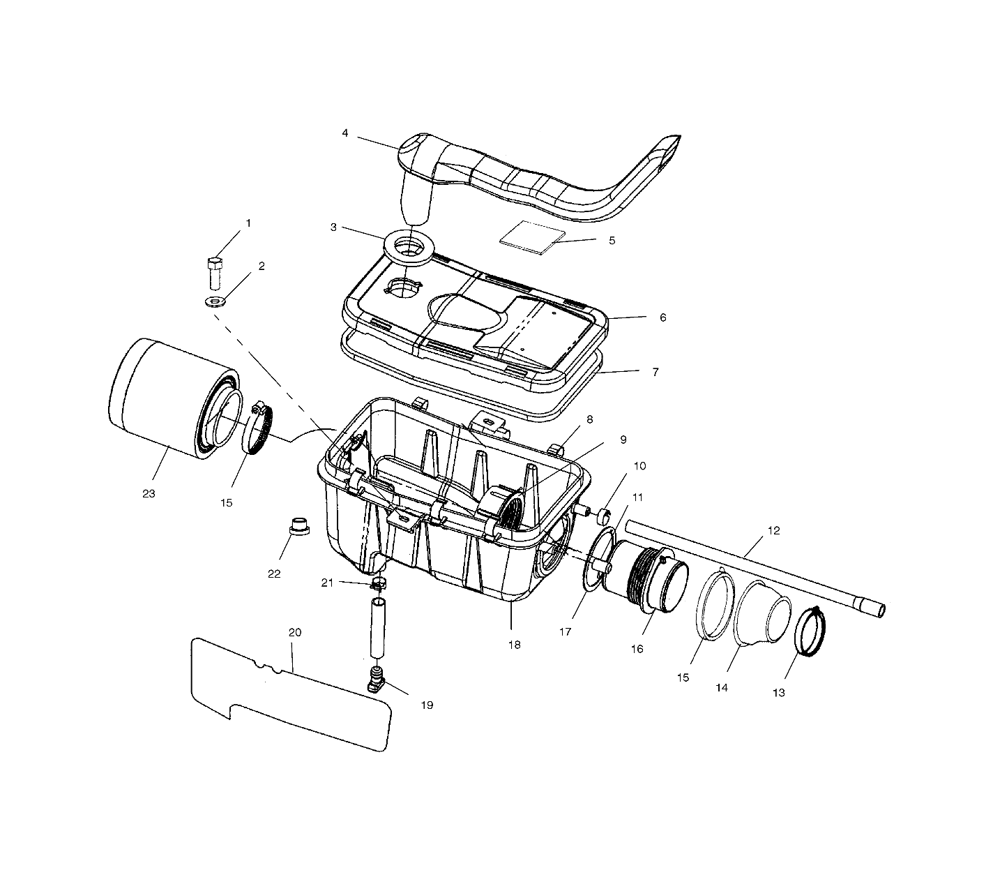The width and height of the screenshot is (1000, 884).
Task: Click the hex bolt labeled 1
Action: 215,274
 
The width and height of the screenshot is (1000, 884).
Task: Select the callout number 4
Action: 345,133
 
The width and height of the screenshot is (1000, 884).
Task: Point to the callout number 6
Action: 662,317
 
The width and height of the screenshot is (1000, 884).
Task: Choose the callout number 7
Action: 655,373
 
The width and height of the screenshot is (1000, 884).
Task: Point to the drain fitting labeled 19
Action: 378,679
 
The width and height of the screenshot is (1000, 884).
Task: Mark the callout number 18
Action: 514,645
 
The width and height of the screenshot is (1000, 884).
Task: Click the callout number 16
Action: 637,649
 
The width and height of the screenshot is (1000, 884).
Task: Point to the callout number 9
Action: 623,440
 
